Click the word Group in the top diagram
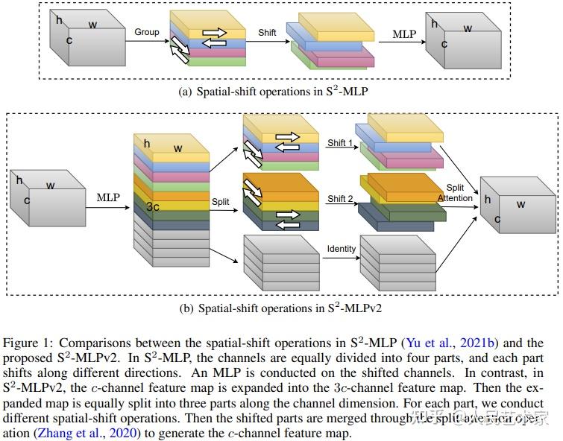coord(148,32)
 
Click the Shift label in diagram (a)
coord(267,33)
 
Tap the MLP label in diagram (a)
coord(405,34)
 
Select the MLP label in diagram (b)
coord(108,197)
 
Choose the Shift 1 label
coord(340,142)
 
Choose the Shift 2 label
coord(340,199)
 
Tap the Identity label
coord(342,249)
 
